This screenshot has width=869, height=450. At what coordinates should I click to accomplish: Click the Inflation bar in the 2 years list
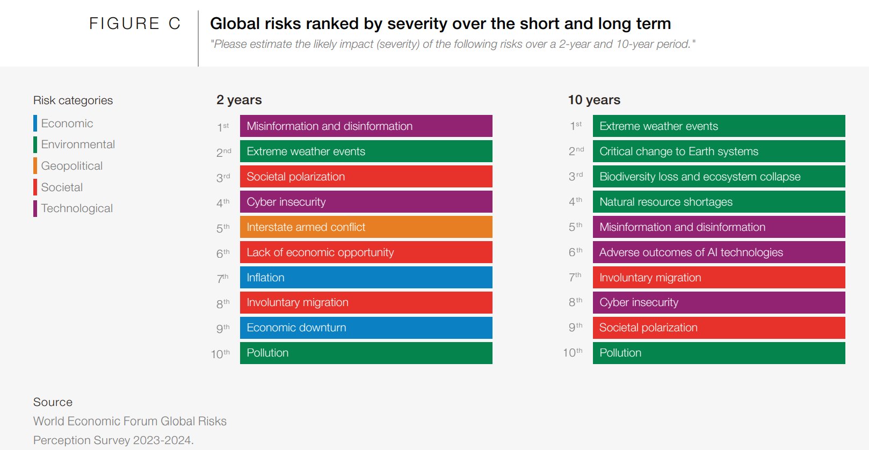point(366,278)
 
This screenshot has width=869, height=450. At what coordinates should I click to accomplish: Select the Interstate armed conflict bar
point(366,227)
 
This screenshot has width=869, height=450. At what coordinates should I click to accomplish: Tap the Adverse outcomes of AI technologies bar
point(719,252)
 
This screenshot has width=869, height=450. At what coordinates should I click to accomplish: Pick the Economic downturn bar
point(366,328)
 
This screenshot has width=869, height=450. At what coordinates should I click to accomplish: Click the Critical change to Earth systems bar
point(719,151)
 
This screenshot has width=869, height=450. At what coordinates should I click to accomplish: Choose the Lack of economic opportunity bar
point(366,252)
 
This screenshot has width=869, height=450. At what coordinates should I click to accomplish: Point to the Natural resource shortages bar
point(719,202)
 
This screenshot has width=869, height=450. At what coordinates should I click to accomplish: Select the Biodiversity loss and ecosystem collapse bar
point(719,177)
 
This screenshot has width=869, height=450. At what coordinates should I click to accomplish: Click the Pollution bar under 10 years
point(719,353)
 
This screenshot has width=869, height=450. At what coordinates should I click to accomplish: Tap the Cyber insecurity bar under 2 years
point(366,202)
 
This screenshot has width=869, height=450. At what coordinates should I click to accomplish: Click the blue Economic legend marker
point(35,124)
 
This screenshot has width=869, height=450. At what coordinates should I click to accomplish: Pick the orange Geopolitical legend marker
point(35,166)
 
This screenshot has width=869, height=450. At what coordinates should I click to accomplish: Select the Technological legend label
point(77,208)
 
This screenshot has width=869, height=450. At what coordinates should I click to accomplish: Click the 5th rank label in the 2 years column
point(223,228)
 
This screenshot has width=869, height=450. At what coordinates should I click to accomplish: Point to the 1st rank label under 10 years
point(576,126)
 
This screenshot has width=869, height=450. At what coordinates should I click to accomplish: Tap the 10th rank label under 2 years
point(220,354)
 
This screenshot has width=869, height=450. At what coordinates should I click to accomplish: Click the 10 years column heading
point(594,100)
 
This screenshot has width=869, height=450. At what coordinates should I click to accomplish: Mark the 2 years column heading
point(239,100)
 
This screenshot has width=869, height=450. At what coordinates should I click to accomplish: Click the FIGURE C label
point(134,24)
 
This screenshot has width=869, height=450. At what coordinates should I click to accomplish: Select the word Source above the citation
point(53,402)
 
